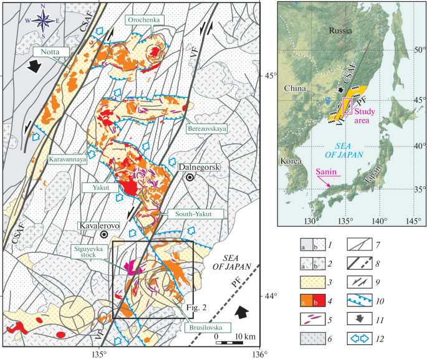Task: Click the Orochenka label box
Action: pyautogui.click(x=145, y=19)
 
